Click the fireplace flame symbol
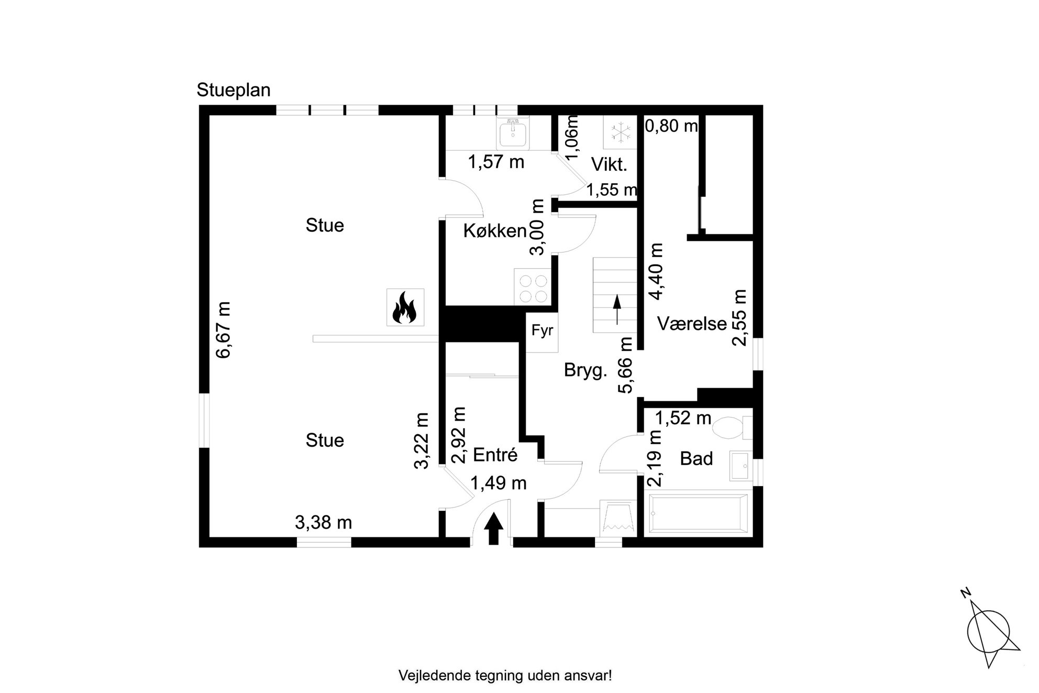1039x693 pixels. [405, 307]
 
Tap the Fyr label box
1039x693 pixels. [542, 331]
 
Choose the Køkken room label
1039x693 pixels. [495, 231]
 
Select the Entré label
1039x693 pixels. [495, 455]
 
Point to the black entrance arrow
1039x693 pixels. [493, 529]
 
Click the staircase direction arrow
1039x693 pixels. [616, 310]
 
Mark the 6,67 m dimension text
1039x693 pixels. [223, 330]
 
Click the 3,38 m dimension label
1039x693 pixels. [323, 523]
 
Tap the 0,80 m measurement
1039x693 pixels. [671, 126]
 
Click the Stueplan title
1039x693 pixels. [234, 91]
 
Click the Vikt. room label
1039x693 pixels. [609, 164]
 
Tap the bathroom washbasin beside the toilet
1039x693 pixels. [741, 465]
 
